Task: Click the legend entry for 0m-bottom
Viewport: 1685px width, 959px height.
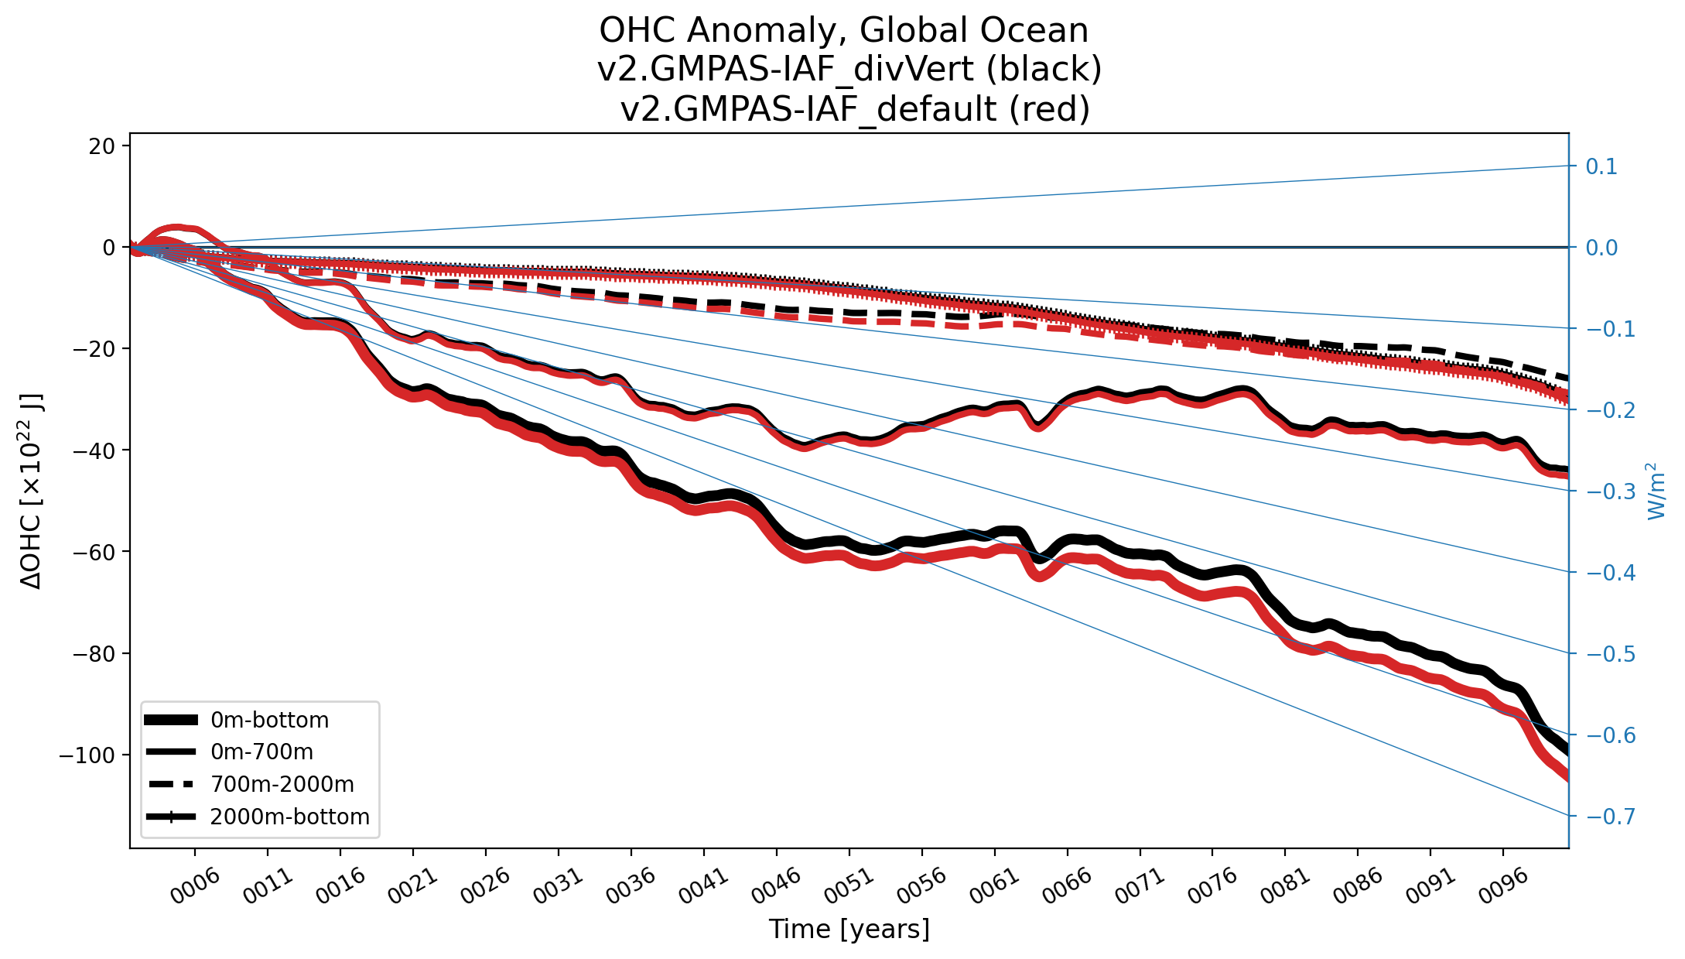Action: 269,721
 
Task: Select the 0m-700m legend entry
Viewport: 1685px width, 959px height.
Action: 261,752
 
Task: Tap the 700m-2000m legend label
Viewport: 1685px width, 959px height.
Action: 282,785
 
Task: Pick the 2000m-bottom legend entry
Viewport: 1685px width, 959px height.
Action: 289,817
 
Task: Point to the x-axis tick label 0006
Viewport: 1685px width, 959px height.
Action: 196,885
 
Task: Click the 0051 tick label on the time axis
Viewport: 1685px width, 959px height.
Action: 849,885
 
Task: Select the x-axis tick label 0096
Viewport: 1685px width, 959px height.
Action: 1503,885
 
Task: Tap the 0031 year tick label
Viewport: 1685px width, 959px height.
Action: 559,885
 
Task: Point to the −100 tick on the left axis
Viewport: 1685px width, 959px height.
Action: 87,755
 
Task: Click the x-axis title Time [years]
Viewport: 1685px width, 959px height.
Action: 849,929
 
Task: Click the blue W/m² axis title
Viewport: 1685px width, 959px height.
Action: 1655,491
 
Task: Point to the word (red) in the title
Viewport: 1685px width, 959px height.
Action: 1049,109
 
